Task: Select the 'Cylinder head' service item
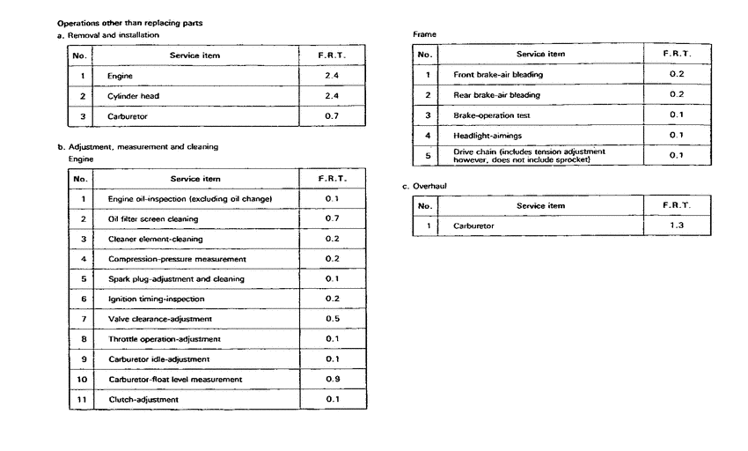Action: click(134, 96)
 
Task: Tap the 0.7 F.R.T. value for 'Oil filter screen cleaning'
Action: click(332, 218)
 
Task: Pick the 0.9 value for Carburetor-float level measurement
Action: click(332, 379)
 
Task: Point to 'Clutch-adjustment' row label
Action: click(143, 400)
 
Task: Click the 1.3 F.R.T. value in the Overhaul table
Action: click(677, 225)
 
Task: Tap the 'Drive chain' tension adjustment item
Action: click(529, 156)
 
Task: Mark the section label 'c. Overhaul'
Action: click(424, 187)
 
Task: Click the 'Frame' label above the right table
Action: click(424, 34)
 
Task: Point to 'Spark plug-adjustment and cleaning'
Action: click(176, 279)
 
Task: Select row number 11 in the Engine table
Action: click(82, 399)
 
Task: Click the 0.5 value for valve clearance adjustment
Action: click(332, 319)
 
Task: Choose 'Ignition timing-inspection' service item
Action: click(157, 299)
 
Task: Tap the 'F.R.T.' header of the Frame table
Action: click(677, 54)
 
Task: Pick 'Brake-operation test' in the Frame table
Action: click(491, 115)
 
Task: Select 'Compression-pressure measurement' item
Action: click(177, 259)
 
